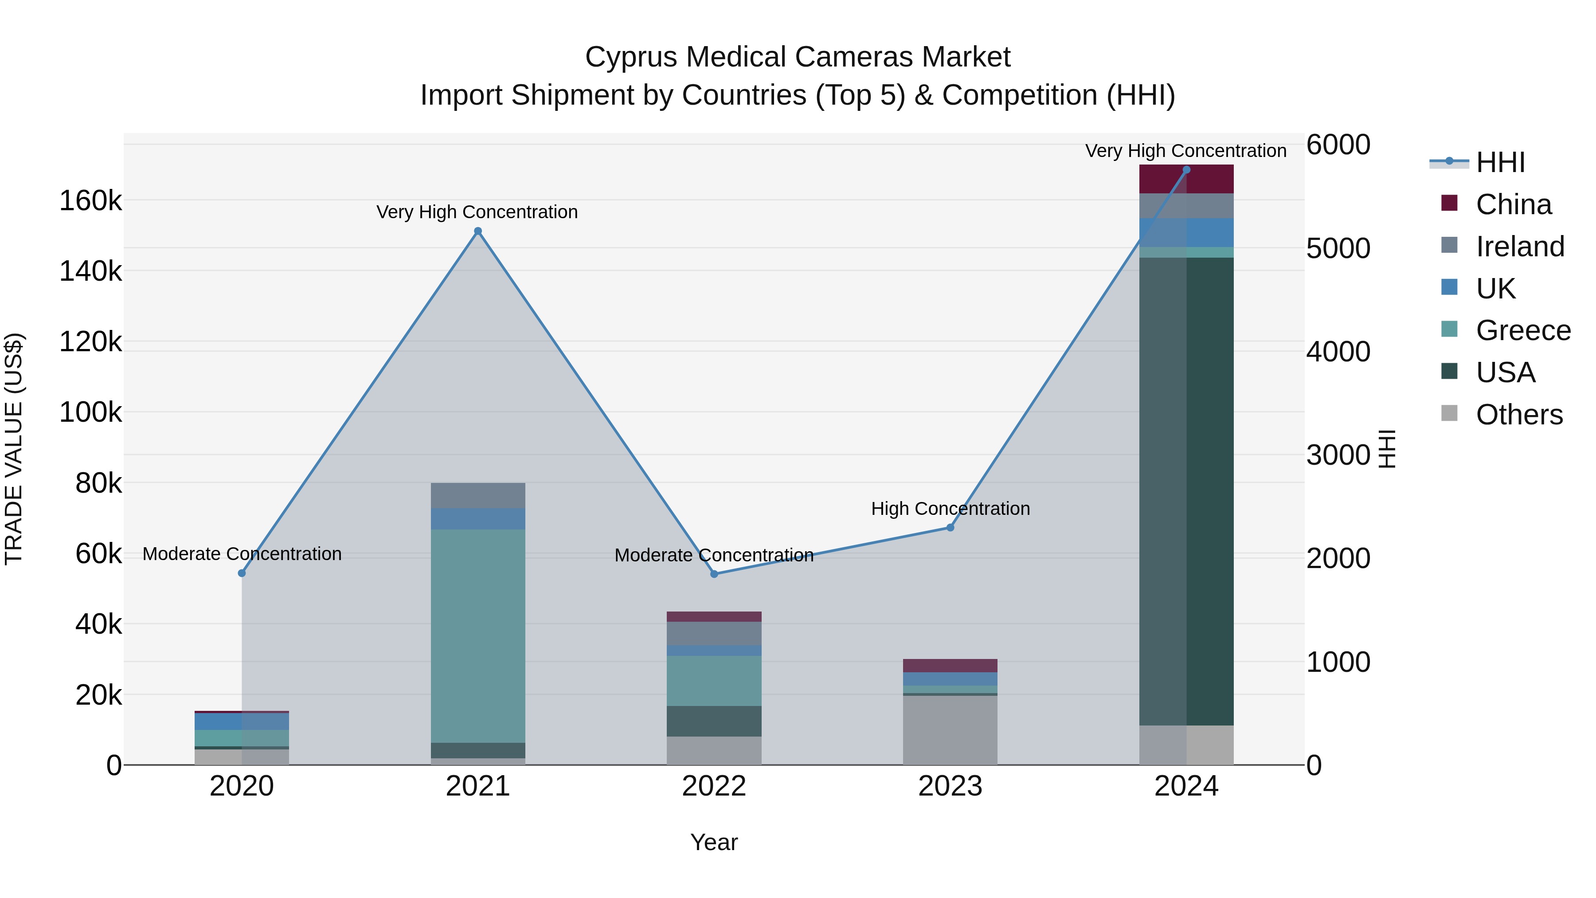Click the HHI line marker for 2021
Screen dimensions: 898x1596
477,231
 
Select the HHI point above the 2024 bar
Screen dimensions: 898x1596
1186,170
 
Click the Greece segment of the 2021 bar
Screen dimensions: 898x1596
477,635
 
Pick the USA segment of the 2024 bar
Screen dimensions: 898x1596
1186,491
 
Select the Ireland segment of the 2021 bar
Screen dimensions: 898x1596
477,496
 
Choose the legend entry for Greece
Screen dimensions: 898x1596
1523,330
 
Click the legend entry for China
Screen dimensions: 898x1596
1513,204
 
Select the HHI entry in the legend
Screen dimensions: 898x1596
1499,162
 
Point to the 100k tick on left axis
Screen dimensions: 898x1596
90,412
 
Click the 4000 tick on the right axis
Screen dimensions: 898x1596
1338,351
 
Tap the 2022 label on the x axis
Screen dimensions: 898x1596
714,786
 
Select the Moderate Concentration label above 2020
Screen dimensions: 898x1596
242,553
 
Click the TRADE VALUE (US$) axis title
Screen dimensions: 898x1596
14,449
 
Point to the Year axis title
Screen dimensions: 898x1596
714,842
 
